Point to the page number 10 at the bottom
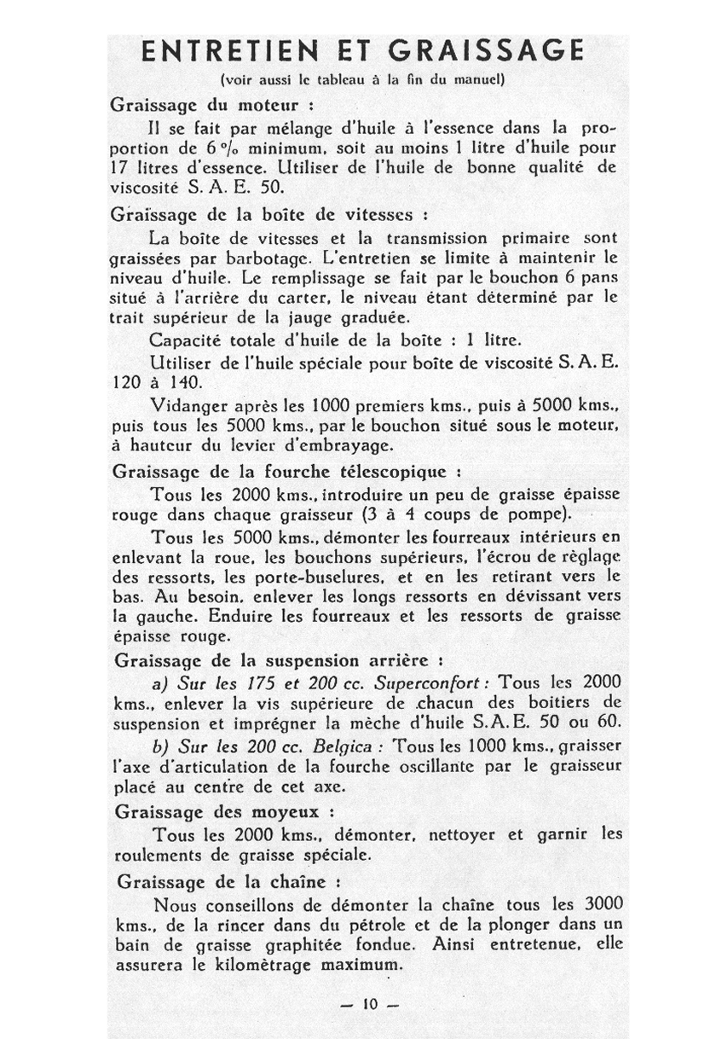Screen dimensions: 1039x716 369,1004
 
